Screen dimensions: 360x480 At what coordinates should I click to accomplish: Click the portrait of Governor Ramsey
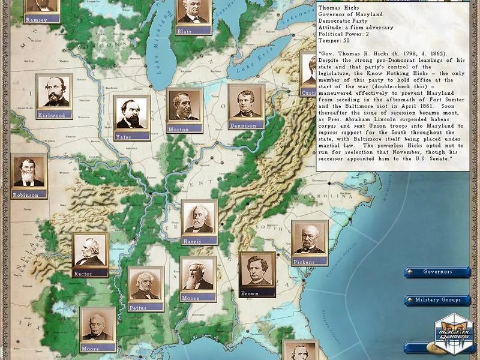[x=42, y=7]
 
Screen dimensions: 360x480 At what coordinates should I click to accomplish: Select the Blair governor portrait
[x=193, y=15]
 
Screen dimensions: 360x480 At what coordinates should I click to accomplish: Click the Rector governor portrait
[x=90, y=251]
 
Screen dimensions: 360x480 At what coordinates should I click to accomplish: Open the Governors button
[x=437, y=272]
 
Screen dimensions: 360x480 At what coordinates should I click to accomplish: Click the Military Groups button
[x=438, y=300]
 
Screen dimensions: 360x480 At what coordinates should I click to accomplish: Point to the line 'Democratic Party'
[x=343, y=21]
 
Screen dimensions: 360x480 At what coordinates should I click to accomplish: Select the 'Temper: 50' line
[x=334, y=41]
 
